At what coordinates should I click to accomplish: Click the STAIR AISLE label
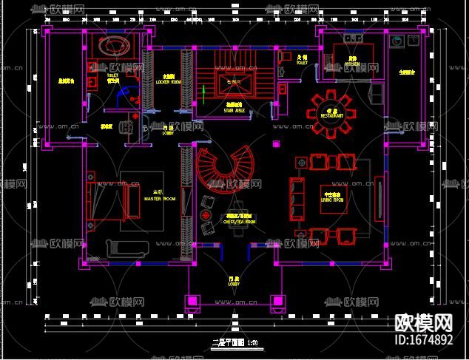[x=234, y=110]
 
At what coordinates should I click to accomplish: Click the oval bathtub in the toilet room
[x=116, y=45]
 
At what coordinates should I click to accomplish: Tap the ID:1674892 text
[x=424, y=340]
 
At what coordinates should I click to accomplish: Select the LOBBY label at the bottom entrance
[x=233, y=282]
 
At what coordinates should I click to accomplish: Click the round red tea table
[x=204, y=214]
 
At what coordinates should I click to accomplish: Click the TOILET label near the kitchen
[x=302, y=63]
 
